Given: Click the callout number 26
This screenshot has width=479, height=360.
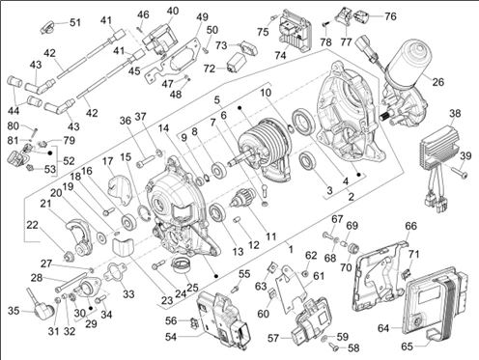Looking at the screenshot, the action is pos(437,82).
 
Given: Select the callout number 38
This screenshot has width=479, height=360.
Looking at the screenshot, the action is pos(455,113).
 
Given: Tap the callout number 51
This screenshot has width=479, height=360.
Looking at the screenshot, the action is pos(75,22).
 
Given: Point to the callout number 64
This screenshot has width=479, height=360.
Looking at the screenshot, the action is pos(383,328).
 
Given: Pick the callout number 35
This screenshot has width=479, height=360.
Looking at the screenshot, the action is pos(14,311).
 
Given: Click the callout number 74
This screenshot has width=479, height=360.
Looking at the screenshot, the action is pos(280,55).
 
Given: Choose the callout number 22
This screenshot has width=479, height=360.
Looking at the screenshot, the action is pos(32,225).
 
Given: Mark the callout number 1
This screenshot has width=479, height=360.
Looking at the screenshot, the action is pos(291,249).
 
